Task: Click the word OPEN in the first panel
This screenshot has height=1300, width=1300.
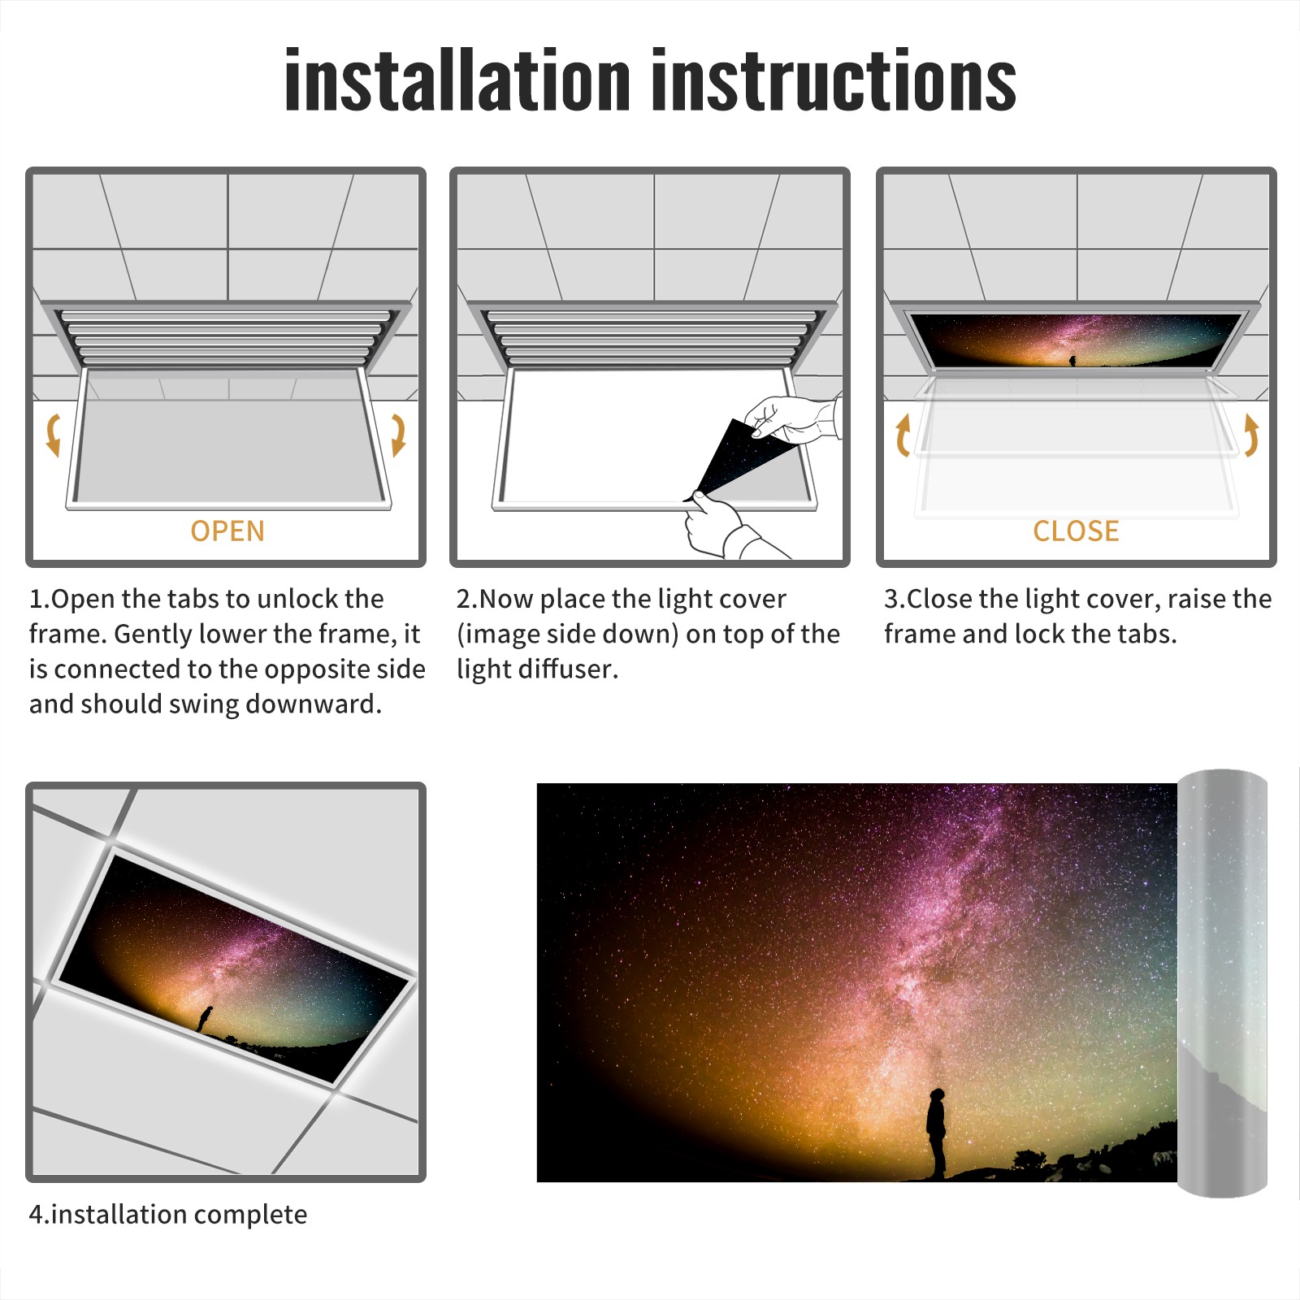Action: (x=227, y=531)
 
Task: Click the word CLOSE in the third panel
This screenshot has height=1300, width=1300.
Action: (x=1076, y=531)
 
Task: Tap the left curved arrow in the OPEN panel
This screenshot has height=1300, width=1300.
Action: (x=54, y=435)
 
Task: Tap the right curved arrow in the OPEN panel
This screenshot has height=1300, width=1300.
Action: (x=398, y=435)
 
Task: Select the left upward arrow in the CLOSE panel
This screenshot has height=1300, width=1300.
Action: (x=902, y=435)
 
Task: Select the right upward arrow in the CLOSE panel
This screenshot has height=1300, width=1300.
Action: (x=1251, y=435)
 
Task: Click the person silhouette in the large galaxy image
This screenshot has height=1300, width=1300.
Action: (x=937, y=1133)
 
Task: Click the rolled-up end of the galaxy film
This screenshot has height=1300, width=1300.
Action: (x=1222, y=983)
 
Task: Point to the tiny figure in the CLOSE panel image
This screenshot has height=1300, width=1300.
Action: (x=1072, y=360)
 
